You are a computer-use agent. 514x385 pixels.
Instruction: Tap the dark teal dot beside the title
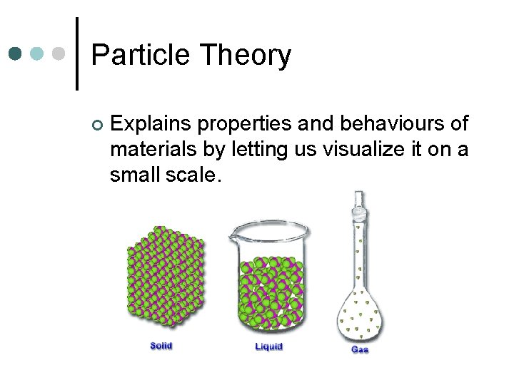click(x=16, y=53)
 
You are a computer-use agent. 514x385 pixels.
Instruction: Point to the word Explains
click(x=151, y=124)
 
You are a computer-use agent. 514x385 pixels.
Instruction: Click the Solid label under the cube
click(x=161, y=346)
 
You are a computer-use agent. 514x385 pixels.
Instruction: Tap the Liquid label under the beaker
click(x=268, y=346)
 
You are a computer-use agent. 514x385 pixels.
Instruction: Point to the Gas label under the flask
click(x=360, y=349)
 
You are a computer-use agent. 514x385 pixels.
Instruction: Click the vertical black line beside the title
click(x=76, y=53)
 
